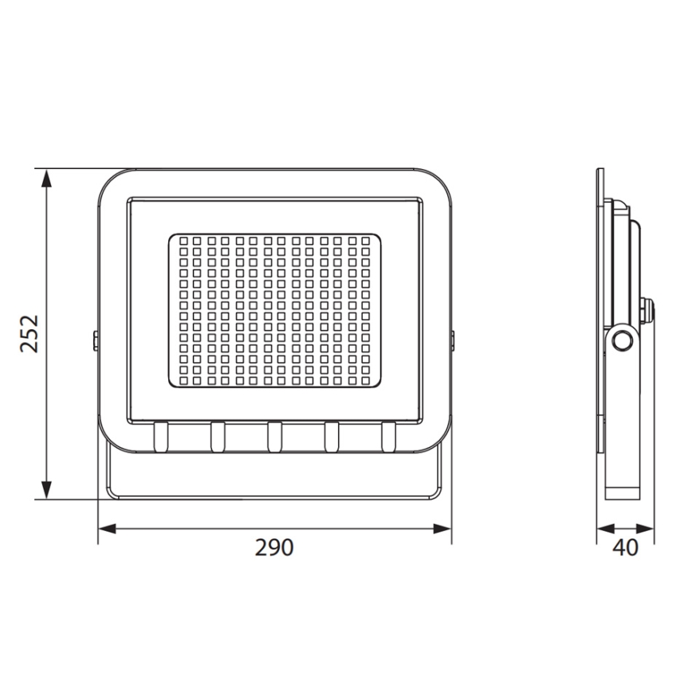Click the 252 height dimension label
29,333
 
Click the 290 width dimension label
274,548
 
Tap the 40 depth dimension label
627,548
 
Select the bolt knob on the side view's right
647,309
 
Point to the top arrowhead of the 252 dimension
47,179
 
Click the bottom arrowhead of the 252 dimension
47,490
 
